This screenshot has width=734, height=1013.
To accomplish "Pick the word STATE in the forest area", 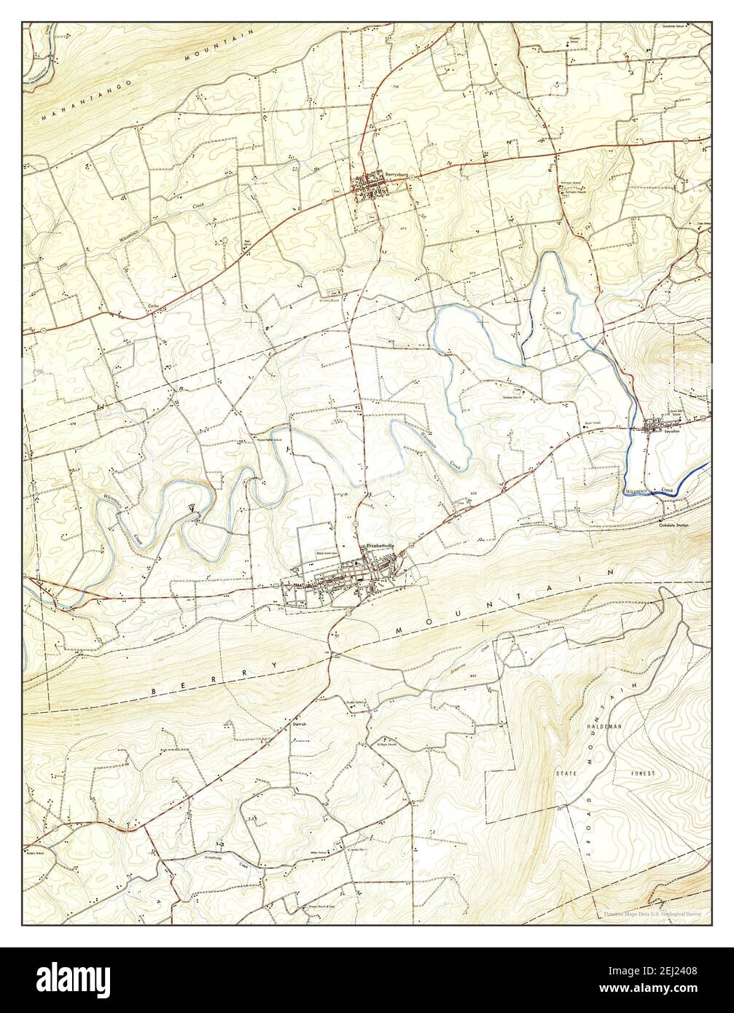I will [567, 772].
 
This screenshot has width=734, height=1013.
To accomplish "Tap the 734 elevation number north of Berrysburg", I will [396, 87].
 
